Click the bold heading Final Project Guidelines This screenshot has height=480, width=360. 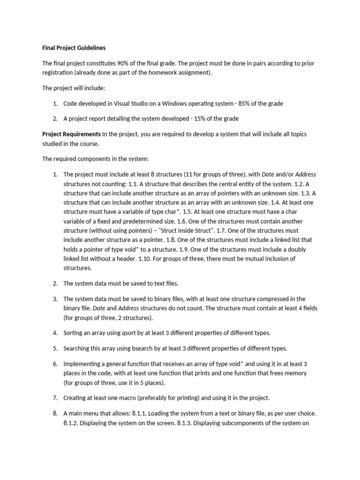tap(74, 48)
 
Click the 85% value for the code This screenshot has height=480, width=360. tap(246, 103)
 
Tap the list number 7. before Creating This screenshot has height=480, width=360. tap(55, 398)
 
